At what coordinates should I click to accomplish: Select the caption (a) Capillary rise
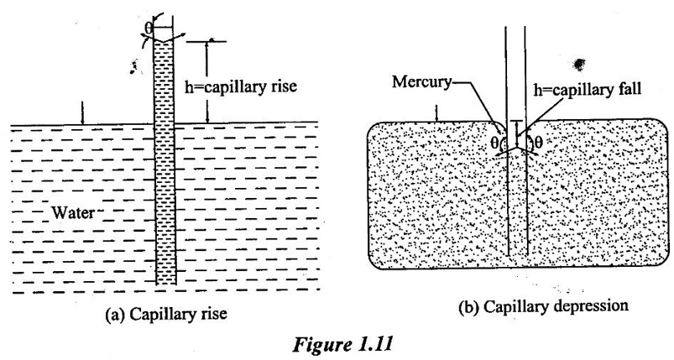(x=169, y=316)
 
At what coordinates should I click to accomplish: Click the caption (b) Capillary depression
(x=544, y=305)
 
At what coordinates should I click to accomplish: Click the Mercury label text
(x=421, y=83)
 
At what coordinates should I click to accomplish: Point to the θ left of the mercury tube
(x=494, y=143)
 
